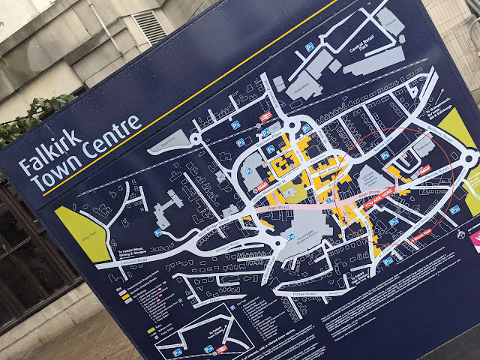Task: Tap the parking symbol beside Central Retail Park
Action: coord(309,46)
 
